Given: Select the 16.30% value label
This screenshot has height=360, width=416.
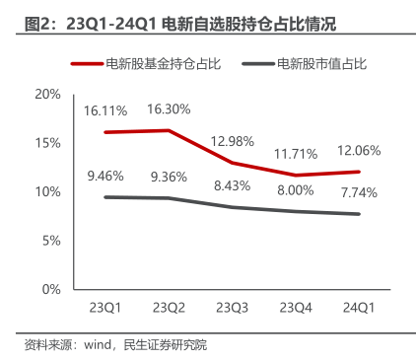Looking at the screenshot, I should click(x=168, y=108).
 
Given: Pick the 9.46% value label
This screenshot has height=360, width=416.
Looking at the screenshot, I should click(x=104, y=178).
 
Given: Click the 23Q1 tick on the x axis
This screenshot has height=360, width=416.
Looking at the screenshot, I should click(x=104, y=307).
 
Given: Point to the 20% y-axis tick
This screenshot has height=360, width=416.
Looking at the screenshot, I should click(x=46, y=94).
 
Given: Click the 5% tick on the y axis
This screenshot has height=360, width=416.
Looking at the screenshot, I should click(x=49, y=241).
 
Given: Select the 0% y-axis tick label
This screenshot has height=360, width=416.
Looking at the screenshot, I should click(x=49, y=290).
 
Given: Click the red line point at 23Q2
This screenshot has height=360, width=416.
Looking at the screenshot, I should click(x=168, y=130).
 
